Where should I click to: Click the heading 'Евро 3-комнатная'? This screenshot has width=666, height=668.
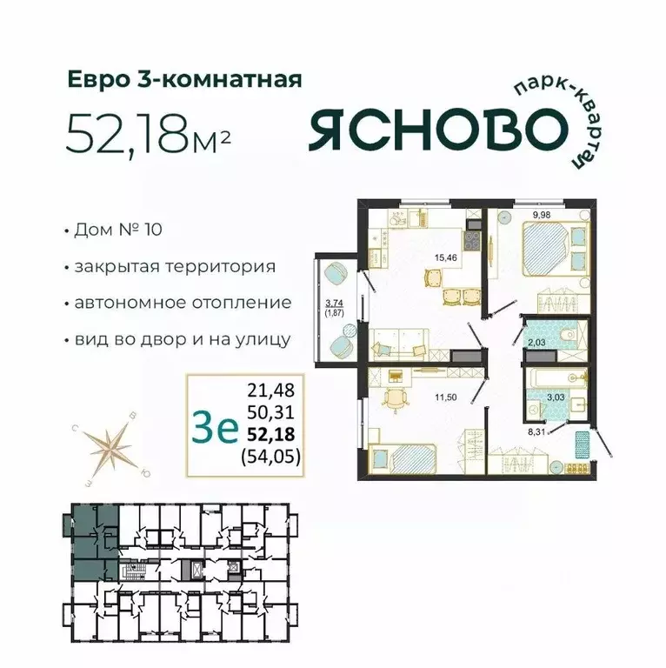click(x=184, y=81)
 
